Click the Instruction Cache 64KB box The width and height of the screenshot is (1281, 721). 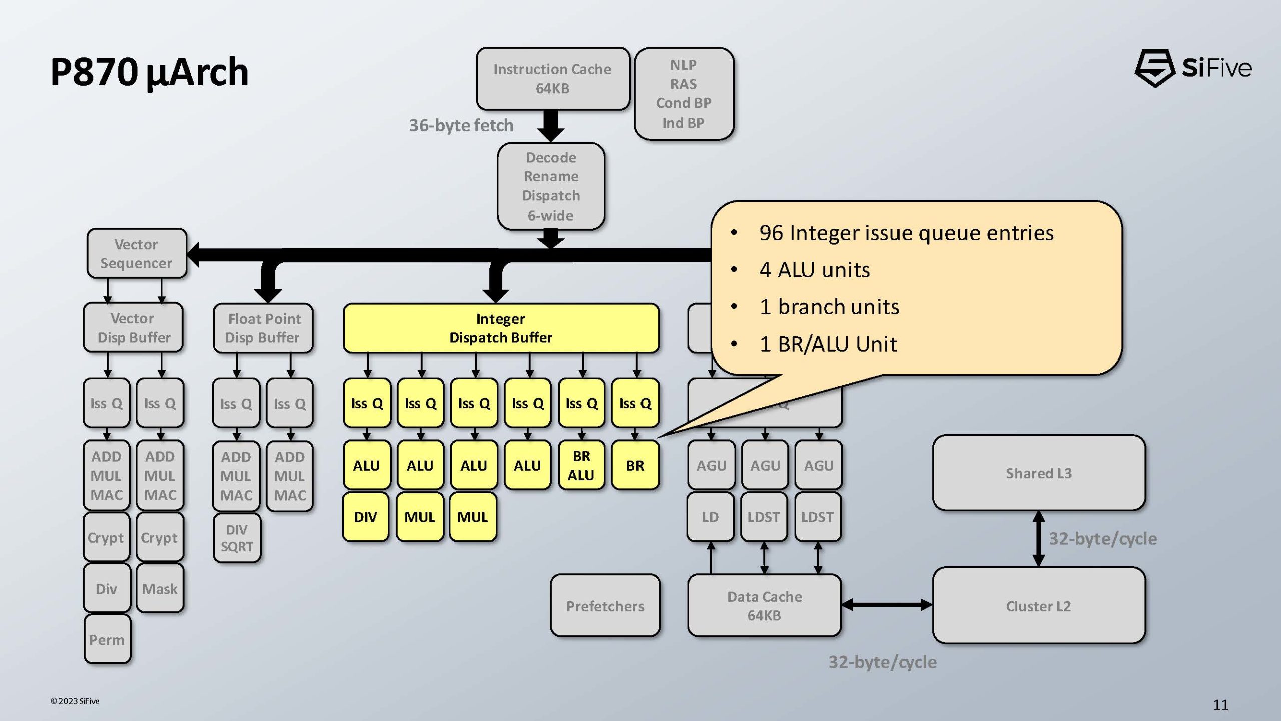552,79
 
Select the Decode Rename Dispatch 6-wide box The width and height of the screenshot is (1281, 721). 551,186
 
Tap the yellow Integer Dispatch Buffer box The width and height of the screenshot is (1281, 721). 501,328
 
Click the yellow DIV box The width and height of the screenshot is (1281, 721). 366,517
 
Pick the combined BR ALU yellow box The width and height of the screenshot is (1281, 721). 581,465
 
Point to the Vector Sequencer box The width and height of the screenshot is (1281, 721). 137,253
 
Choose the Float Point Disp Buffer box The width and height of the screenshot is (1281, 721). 263,328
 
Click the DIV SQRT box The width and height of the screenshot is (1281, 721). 237,538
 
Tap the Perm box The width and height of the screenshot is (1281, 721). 107,639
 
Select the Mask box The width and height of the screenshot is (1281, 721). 160,588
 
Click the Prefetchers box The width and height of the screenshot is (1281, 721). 605,606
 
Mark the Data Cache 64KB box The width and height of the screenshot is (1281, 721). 764,606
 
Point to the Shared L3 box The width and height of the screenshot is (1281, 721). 1039,473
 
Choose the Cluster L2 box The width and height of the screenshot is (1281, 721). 1039,606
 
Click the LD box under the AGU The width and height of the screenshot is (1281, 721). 710,517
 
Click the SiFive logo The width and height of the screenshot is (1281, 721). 1193,68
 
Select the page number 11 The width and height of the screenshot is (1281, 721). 1220,705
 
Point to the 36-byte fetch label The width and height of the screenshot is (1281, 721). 461,125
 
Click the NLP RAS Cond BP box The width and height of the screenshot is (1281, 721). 684,94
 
